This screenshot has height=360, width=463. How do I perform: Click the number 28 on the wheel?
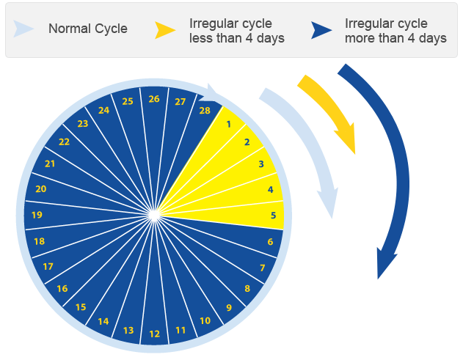pyautogui.click(x=205, y=111)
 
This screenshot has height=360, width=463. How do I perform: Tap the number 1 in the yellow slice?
pyautogui.click(x=228, y=124)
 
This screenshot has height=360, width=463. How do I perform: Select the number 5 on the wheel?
pyautogui.click(x=273, y=215)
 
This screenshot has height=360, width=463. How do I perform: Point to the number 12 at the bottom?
pyautogui.click(x=154, y=334)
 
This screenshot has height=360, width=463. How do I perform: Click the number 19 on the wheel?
pyautogui.click(x=37, y=215)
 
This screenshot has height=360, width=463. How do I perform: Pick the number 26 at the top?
pyautogui.click(x=154, y=99)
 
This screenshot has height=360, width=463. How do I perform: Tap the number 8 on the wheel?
pyautogui.click(x=247, y=288)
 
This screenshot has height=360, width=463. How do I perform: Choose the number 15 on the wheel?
pyautogui.click(x=81, y=307)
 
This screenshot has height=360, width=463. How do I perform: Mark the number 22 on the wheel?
pyautogui.click(x=64, y=142)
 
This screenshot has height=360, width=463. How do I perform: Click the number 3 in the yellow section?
pyautogui.click(x=261, y=164)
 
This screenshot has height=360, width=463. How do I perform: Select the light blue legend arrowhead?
pyautogui.click(x=23, y=29)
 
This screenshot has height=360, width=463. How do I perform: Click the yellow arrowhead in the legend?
pyautogui.click(x=165, y=30)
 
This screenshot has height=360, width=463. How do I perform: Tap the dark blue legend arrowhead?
pyautogui.click(x=321, y=30)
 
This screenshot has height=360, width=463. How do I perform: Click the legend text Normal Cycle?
pyautogui.click(x=88, y=29)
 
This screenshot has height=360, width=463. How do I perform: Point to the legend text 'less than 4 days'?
pyautogui.click(x=237, y=38)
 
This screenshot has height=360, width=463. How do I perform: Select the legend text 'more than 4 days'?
pyautogui.click(x=395, y=38)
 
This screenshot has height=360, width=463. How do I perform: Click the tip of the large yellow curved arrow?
pyautogui.click(x=354, y=154)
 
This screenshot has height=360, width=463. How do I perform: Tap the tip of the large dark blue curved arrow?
pyautogui.click(x=378, y=279)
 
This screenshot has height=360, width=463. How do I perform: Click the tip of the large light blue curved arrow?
pyautogui.click(x=332, y=218)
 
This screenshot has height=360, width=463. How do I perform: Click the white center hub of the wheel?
pyautogui.click(x=154, y=215)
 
